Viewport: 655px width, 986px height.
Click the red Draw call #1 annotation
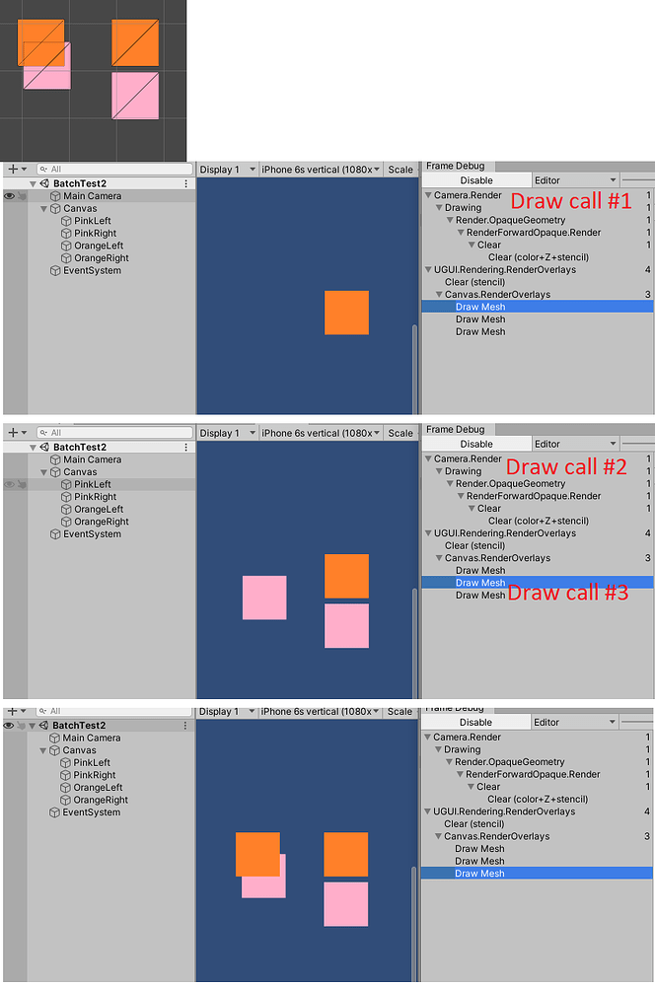point(569,201)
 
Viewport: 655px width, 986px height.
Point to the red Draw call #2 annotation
point(566,466)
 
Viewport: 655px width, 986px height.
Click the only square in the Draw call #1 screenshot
point(346,313)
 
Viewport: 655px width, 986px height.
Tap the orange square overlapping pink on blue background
point(257,853)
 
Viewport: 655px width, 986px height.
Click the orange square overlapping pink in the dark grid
point(40,42)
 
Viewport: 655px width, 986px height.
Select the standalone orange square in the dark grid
point(135,42)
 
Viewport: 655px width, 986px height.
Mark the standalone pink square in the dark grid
point(135,96)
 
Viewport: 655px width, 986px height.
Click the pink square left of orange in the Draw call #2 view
point(264,598)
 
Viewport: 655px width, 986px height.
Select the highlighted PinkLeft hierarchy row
point(92,484)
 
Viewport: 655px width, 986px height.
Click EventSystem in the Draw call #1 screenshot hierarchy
point(92,270)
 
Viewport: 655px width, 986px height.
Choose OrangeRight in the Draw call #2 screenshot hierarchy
point(101,522)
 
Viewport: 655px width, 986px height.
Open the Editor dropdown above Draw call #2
point(576,444)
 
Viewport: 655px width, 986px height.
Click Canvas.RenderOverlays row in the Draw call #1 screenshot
point(497,294)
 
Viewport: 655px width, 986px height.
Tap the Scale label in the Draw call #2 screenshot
point(400,433)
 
